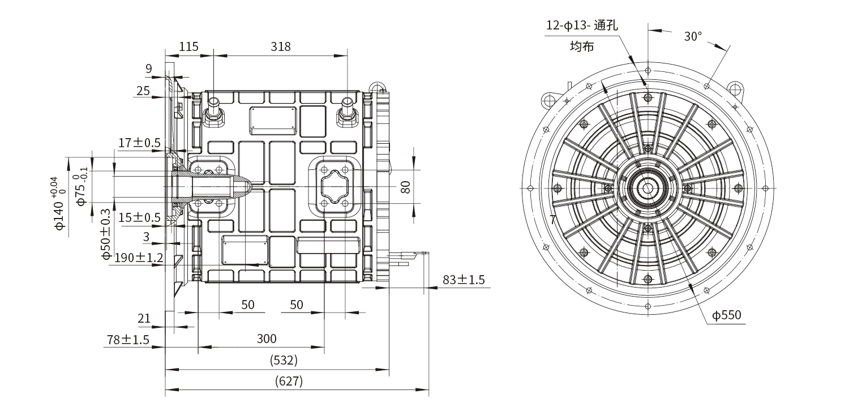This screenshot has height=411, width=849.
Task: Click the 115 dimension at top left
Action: tap(188, 46)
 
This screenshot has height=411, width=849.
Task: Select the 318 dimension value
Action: tap(280, 46)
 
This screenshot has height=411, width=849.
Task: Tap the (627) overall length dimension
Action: tap(289, 381)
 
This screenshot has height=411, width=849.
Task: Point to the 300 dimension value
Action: tap(267, 339)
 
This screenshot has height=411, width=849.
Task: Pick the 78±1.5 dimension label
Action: tap(128, 340)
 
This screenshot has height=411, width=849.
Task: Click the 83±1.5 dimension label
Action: tap(464, 280)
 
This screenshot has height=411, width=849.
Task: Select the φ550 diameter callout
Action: tap(727, 315)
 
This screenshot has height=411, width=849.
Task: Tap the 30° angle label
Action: tap(693, 36)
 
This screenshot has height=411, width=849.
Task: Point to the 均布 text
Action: tap(581, 46)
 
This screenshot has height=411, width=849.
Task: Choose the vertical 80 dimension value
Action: tap(405, 187)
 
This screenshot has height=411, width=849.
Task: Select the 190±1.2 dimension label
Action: tap(139, 258)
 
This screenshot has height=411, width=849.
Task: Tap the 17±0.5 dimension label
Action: tap(139, 143)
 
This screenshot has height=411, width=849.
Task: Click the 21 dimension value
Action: tap(144, 318)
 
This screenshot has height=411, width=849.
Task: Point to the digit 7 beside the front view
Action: tap(552, 220)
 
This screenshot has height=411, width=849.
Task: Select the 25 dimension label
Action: tap(143, 91)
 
